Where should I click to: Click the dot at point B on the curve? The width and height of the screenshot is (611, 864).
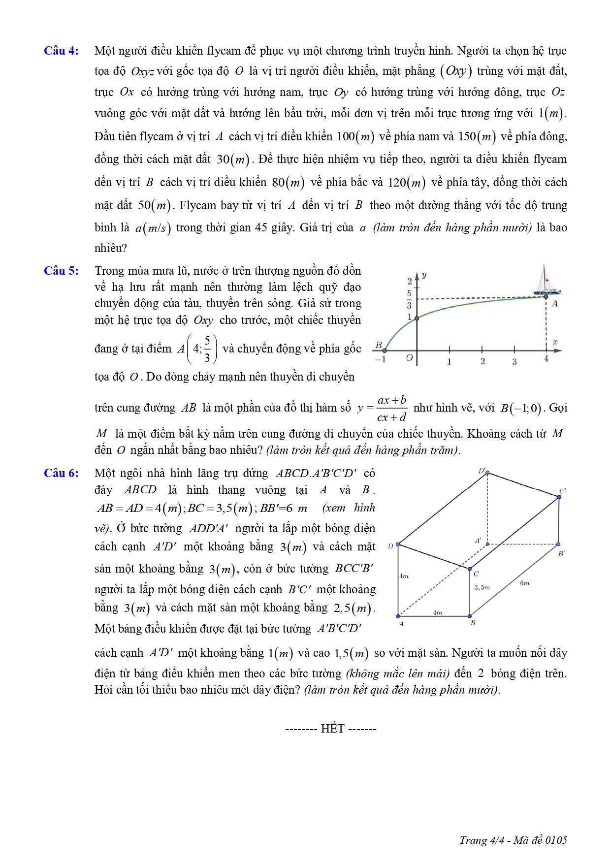tap(385, 351)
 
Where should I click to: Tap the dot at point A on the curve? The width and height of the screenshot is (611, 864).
tap(546, 296)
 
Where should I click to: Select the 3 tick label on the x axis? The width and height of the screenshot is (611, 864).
tap(515, 362)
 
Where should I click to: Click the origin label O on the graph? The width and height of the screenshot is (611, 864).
tap(409, 358)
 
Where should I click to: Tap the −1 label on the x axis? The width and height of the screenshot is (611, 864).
tap(380, 360)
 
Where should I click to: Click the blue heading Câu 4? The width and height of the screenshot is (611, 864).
tap(61, 51)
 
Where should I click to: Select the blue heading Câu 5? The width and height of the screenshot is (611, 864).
tap(61, 271)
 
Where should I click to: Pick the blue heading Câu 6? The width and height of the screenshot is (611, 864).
tap(61, 473)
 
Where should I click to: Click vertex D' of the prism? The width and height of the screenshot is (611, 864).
tap(487, 473)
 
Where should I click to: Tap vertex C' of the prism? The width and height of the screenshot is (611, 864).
tap(559, 497)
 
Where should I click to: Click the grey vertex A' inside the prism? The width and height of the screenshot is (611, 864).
tap(487, 544)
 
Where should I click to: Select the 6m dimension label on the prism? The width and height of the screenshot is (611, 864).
tap(525, 583)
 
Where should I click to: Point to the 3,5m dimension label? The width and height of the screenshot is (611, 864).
tap(482, 587)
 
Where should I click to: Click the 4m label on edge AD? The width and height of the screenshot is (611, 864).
tap(404, 576)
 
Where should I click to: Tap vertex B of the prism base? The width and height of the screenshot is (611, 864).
tap(470, 616)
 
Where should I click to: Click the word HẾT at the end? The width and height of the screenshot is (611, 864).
tap(332, 729)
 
